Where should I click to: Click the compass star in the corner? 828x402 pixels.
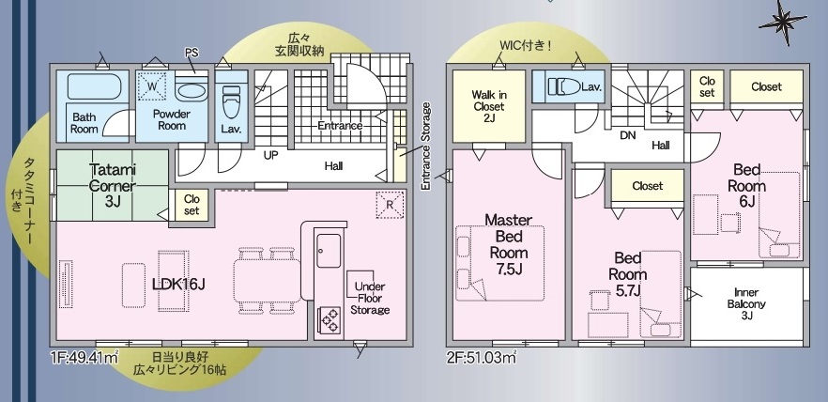[784, 22]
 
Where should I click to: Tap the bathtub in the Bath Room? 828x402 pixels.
[95, 86]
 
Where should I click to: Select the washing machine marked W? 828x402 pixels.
[151, 86]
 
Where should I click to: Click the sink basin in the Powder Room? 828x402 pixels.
[192, 90]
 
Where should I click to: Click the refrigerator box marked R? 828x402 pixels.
[390, 205]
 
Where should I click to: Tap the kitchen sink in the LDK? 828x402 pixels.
[329, 251]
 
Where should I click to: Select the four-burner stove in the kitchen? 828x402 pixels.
[329, 320]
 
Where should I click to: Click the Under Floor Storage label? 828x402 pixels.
[370, 298]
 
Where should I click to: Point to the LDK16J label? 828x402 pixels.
[178, 285]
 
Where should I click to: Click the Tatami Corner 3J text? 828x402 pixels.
[113, 185]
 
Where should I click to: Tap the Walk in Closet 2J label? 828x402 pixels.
[488, 107]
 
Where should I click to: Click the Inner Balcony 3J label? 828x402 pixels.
[746, 304]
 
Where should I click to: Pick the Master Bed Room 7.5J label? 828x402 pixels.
[509, 244]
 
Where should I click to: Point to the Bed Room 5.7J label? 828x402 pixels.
[627, 274]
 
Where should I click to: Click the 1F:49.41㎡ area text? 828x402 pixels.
[84, 358]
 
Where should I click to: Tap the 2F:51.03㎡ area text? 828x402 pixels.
[481, 358]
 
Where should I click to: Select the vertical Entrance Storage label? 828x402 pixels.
[425, 147]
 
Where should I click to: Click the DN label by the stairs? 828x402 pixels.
[628, 135]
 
